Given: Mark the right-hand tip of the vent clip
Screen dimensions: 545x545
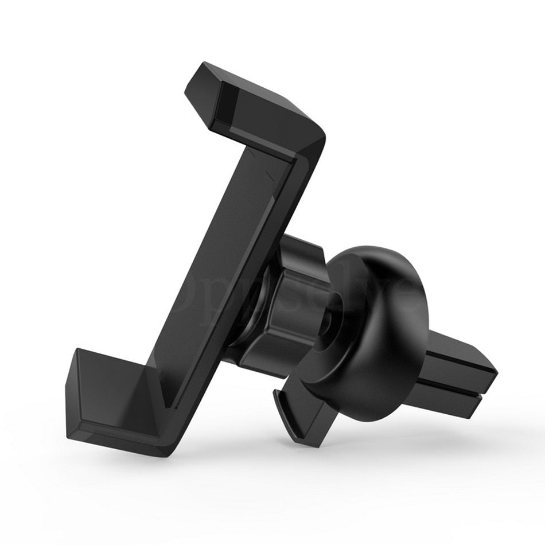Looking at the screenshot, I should (x=493, y=376).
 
